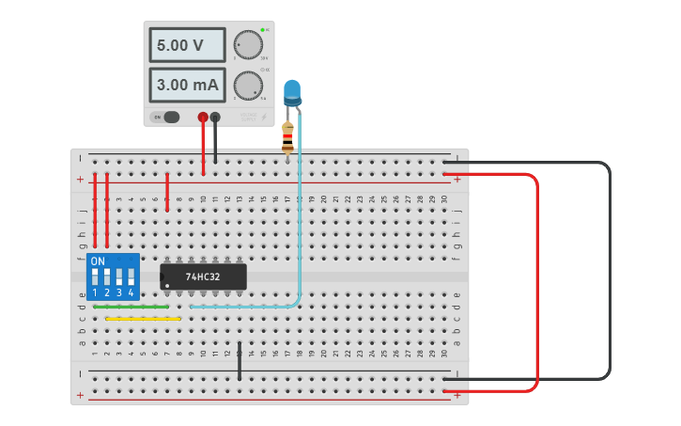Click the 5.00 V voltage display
tap(186, 44)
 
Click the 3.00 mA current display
tap(186, 85)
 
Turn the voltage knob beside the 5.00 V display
tap(248, 45)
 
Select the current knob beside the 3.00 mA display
tap(248, 86)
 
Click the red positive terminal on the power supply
tap(203, 118)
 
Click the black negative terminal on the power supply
tap(215, 118)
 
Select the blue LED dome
tap(292, 90)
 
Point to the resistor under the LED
tap(287, 137)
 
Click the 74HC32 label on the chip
tap(203, 276)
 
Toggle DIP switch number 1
tap(95, 277)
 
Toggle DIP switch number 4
tap(131, 277)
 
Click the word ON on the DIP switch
tap(98, 260)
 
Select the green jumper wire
tap(132, 307)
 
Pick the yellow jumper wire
tap(143, 319)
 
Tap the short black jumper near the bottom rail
tap(240, 361)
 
